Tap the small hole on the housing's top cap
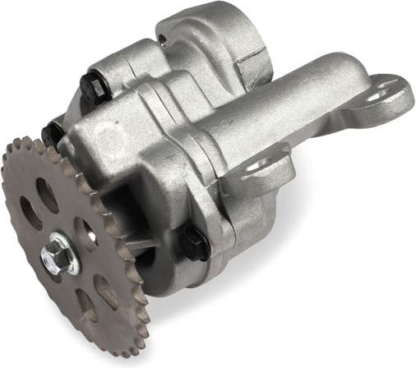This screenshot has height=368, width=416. (x=163, y=39)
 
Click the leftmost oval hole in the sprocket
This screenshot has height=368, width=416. (x=29, y=214)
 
